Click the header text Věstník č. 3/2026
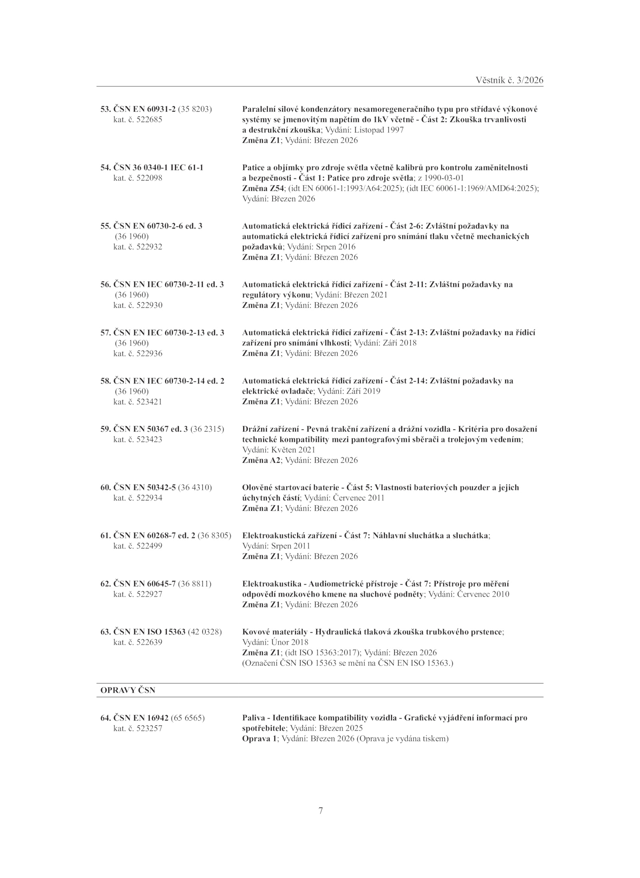point(510,80)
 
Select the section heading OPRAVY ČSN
point(128,690)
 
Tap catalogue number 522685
point(149,119)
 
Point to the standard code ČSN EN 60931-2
point(145,109)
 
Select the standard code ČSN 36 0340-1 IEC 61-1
point(158,167)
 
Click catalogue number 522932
point(149,247)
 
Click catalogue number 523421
point(149,402)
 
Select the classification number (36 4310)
point(195,487)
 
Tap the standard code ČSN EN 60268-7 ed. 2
point(155,535)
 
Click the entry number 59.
point(105,429)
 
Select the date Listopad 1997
point(379,130)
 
